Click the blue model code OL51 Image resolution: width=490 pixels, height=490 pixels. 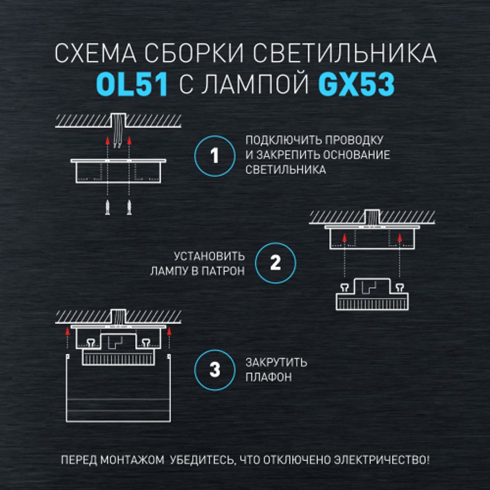[132, 84]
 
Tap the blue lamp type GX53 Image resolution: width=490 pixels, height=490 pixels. [356, 84]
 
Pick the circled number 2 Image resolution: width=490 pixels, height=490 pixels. [276, 263]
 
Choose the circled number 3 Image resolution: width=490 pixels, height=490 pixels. [215, 370]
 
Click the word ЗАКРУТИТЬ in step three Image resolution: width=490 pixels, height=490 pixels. [276, 363]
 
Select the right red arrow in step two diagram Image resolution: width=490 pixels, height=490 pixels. [400, 239]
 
